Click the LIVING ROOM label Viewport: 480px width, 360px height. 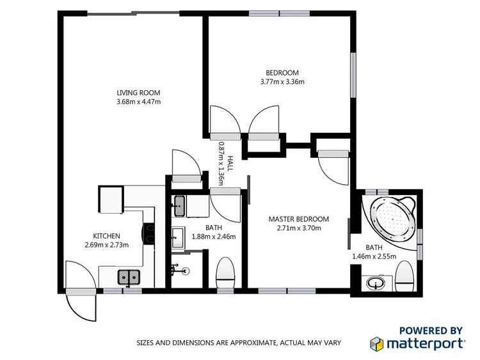click(x=138, y=93)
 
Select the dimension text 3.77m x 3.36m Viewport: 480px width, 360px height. click(x=282, y=82)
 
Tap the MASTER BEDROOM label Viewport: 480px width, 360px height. click(x=298, y=219)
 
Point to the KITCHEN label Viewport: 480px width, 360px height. click(x=107, y=236)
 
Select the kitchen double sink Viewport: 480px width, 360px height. click(x=129, y=277)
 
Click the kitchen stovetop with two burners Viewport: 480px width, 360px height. click(x=149, y=234)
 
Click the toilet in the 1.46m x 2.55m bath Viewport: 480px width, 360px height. click(x=404, y=276)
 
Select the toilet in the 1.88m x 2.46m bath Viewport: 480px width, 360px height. click(x=227, y=274)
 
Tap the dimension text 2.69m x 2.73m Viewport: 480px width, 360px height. click(x=107, y=245)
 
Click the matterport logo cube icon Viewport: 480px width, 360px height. click(x=377, y=343)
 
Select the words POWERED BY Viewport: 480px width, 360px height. click(x=430, y=330)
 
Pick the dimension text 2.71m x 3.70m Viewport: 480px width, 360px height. click(x=298, y=228)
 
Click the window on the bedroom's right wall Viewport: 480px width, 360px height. click(x=352, y=75)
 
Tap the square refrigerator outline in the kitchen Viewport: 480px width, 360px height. click(x=111, y=200)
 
